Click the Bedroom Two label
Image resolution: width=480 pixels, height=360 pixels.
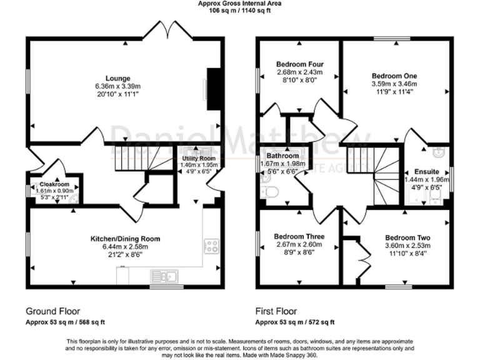(407, 238)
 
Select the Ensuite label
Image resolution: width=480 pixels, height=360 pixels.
(427, 171)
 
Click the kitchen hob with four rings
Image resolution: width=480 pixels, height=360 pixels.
(211, 246)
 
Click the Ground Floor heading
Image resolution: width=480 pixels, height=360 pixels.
(52, 311)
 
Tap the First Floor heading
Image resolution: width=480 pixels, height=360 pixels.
(276, 311)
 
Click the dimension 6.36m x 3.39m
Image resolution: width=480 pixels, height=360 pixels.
(117, 86)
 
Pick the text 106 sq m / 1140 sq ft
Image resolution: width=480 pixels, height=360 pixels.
(239, 11)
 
